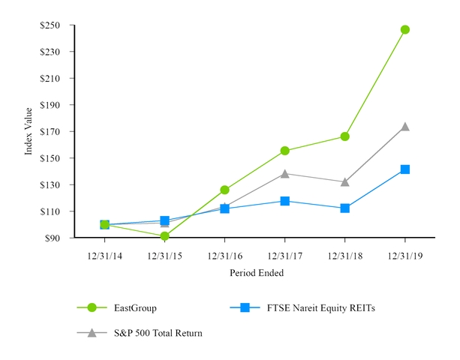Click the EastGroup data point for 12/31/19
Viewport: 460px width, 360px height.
pyautogui.click(x=405, y=30)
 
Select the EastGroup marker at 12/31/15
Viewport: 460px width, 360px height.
pyautogui.click(x=164, y=236)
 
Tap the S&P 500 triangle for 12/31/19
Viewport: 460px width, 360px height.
pyautogui.click(x=405, y=127)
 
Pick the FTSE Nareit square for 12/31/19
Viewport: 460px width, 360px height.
pyautogui.click(x=405, y=169)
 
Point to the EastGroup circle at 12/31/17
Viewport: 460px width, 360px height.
pyautogui.click(x=285, y=151)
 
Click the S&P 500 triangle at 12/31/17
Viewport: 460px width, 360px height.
pyautogui.click(x=285, y=173)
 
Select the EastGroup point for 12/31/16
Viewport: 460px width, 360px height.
pyautogui.click(x=224, y=190)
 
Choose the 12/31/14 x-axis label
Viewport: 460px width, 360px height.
pyautogui.click(x=104, y=256)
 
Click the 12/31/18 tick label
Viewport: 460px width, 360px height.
pyautogui.click(x=345, y=256)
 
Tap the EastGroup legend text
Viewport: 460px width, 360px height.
pyautogui.click(x=135, y=307)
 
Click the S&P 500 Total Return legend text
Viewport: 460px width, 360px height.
pyautogui.click(x=158, y=332)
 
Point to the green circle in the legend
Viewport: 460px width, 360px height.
pyautogui.click(x=92, y=307)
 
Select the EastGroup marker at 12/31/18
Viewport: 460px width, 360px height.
pyautogui.click(x=345, y=136)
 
